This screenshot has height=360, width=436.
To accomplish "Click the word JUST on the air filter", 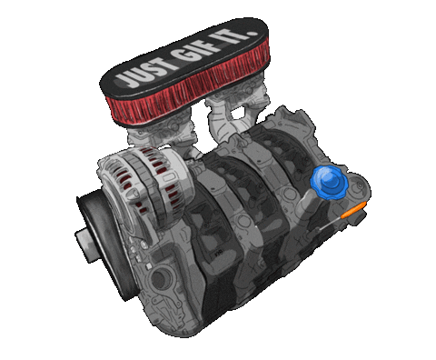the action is point(142,72).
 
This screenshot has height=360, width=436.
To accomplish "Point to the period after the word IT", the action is point(253,33).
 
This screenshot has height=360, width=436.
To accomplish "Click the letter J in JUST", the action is point(124,80).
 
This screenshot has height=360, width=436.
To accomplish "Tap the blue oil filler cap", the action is point(330,183).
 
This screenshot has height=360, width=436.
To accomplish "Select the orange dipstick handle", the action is point(353,210).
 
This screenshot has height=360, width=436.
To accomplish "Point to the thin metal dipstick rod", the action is point(330,224).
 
